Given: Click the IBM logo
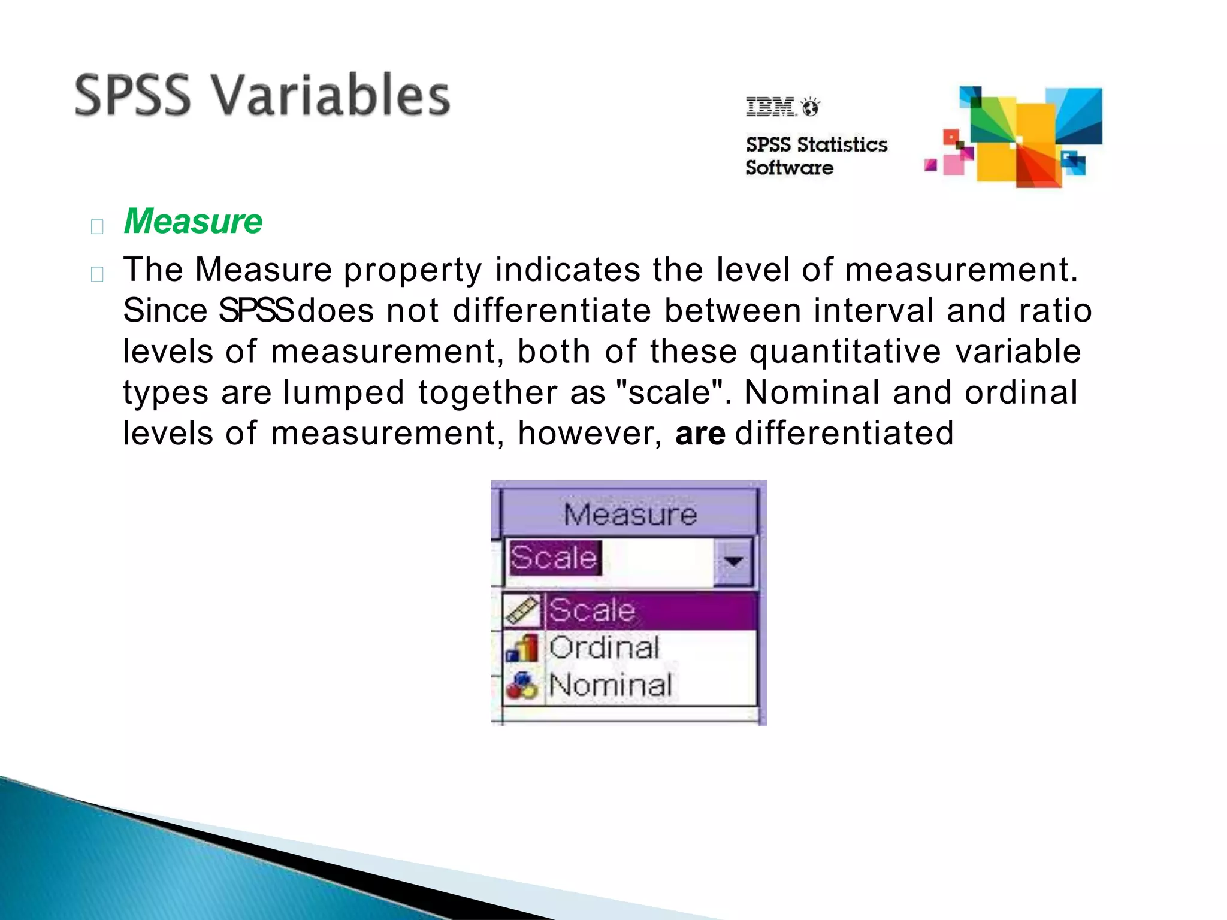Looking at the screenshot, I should tap(771, 107).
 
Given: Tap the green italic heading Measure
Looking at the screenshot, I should tap(193, 221).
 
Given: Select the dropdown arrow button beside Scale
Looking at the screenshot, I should tap(733, 561).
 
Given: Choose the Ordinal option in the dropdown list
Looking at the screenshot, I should tap(604, 647).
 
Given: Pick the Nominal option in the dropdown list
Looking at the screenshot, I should tap(610, 685).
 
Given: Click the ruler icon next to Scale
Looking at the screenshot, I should tap(522, 610).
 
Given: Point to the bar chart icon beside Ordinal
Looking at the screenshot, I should tap(522, 648).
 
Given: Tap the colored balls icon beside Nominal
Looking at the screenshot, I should tap(522, 686).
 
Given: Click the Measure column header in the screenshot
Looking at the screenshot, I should tap(630, 514).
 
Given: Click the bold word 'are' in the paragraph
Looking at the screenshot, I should tap(700, 433).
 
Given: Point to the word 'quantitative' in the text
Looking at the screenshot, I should tap(845, 352).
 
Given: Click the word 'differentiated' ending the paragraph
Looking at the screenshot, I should tap(844, 433).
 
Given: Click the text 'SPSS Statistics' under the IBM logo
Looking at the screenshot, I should tap(816, 144).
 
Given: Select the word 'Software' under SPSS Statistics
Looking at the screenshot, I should tap(789, 168).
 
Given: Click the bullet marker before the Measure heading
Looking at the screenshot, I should tap(97, 226).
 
